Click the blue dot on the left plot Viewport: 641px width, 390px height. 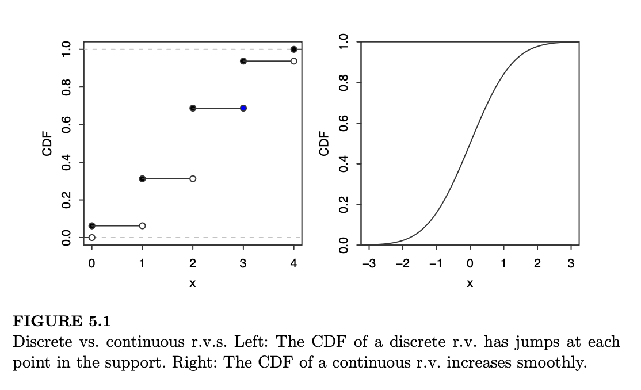tap(243, 108)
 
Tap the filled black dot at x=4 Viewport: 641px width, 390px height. tap(294, 49)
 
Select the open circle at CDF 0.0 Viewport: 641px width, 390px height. tap(92, 237)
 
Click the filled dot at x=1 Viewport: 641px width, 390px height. tap(142, 179)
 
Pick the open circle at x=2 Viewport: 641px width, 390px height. tap(193, 179)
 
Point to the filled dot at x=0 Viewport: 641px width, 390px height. tap(92, 225)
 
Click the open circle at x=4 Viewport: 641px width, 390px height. tap(294, 61)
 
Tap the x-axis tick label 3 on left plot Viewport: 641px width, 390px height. tap(243, 264)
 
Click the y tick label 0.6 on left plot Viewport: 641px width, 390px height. tap(67, 125)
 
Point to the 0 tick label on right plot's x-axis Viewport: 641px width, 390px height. tap(470, 264)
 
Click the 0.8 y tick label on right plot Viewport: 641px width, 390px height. tap(344, 83)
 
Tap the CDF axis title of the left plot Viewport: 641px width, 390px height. tap(47, 143)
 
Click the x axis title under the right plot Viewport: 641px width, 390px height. tap(470, 284)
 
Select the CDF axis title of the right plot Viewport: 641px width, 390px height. tap(324, 143)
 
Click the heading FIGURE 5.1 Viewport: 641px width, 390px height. tap(61, 321)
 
